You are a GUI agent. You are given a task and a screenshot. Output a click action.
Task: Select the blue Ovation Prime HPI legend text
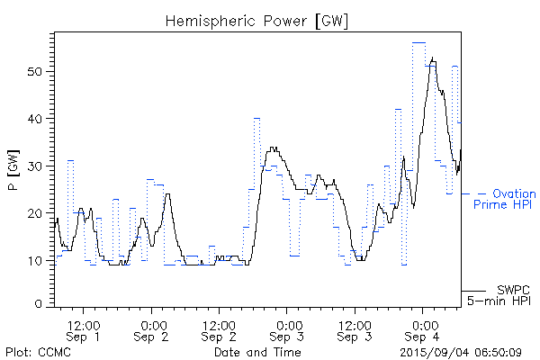pos(504,199)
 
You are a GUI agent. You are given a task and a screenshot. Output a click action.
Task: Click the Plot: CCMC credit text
pos(39,351)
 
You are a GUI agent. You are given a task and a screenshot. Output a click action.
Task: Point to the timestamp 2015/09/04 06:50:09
pos(460,351)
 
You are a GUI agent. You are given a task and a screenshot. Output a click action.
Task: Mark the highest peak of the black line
pos(434,58)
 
